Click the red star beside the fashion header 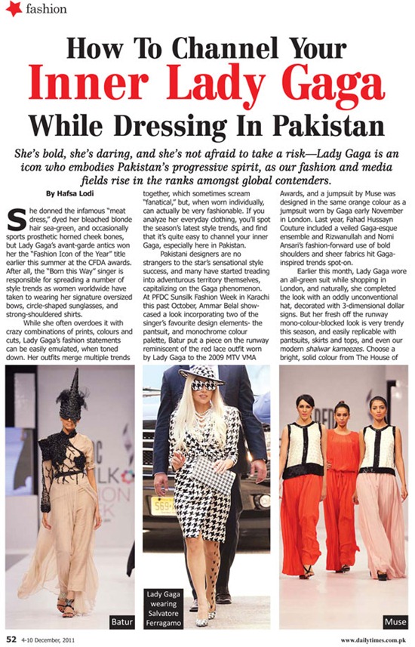(x=14, y=10)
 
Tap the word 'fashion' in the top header (x=45, y=10)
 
